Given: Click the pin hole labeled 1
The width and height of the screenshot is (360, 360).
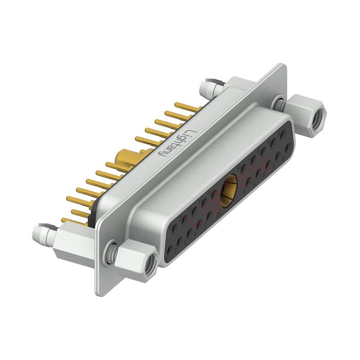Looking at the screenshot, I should tap(170, 251).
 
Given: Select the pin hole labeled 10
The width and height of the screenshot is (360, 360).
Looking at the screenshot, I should tap(288, 148).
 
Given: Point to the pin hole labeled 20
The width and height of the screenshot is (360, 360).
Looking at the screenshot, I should tap(283, 135).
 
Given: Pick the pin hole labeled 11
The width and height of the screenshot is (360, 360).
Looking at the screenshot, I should tap(174, 229).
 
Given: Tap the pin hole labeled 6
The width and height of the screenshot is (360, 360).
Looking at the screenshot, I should tap(248, 181).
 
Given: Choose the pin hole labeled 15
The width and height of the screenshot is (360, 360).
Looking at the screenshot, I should tap(214, 193).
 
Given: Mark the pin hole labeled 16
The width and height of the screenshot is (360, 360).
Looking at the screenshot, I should tap(243, 167).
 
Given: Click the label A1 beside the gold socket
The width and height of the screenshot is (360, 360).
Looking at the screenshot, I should tap(219, 213).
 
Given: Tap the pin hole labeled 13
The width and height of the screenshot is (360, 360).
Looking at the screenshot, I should tap(194, 211).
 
